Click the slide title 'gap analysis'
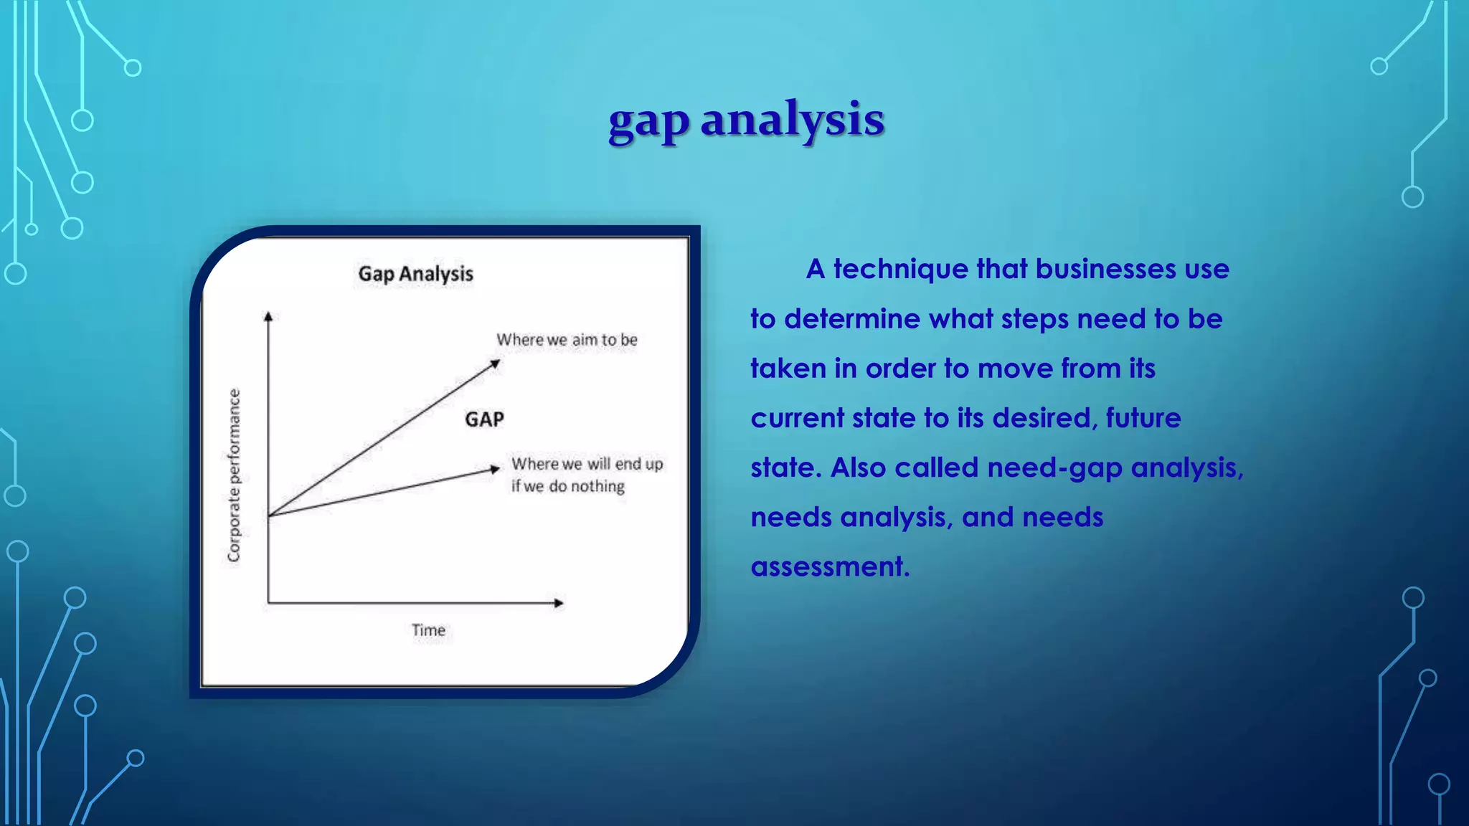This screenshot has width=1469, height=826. pyautogui.click(x=746, y=120)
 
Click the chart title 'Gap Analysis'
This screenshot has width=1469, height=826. pyautogui.click(x=416, y=274)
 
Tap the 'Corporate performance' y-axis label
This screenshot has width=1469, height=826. pyautogui.click(x=234, y=475)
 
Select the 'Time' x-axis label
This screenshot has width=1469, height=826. pyautogui.click(x=428, y=630)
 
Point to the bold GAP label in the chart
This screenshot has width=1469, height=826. pyautogui.click(x=484, y=419)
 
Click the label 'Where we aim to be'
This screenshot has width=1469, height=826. pyautogui.click(x=567, y=340)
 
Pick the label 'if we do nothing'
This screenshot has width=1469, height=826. pyautogui.click(x=567, y=486)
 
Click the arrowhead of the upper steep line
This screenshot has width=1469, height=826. pyautogui.click(x=495, y=364)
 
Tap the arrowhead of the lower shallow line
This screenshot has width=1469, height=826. pyautogui.click(x=494, y=469)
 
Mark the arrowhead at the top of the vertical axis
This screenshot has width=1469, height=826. pyautogui.click(x=268, y=316)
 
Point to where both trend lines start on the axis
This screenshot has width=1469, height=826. pyautogui.click(x=269, y=516)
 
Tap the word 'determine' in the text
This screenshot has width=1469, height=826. pyautogui.click(x=851, y=319)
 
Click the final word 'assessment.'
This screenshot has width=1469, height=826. pyautogui.click(x=830, y=567)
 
